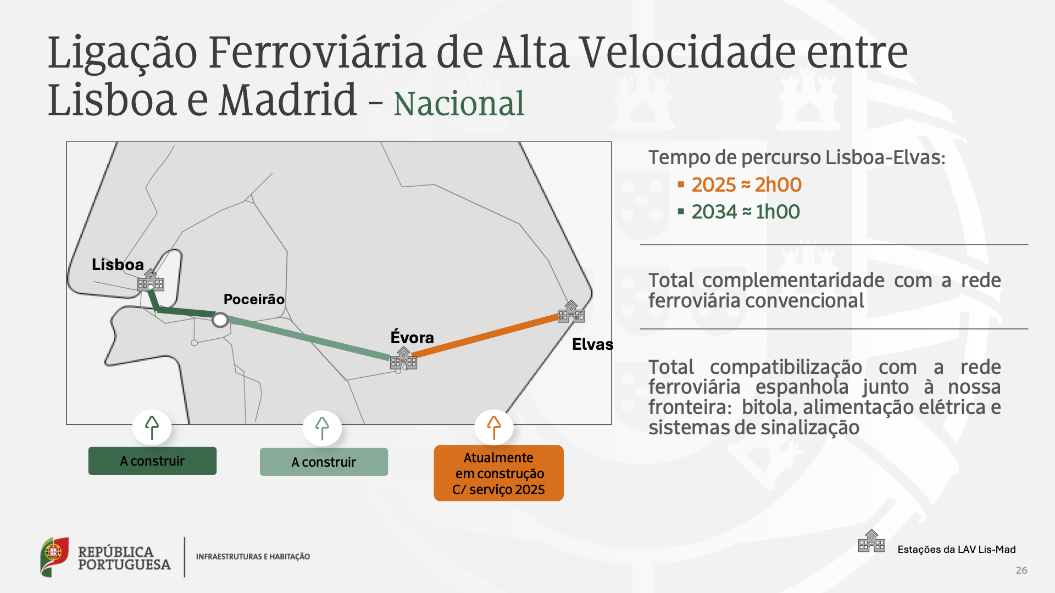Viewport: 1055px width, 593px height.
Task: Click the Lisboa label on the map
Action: [x=118, y=265]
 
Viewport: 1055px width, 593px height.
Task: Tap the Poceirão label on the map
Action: [x=254, y=299]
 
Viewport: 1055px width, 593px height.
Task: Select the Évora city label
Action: [x=412, y=337]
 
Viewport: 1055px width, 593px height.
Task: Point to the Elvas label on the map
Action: [x=592, y=344]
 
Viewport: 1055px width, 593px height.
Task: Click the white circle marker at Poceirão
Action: [x=220, y=320]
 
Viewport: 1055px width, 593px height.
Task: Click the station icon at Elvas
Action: [x=571, y=311]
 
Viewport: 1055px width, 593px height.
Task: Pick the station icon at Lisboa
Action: [x=151, y=280]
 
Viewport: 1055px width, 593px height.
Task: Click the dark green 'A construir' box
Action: [x=152, y=461]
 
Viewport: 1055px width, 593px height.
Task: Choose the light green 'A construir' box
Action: [x=324, y=462]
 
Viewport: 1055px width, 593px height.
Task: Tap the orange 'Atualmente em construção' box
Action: [x=498, y=473]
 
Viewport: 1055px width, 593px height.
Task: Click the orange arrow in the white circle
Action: [x=494, y=427]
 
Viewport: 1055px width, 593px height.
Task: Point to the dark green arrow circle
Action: [x=152, y=427]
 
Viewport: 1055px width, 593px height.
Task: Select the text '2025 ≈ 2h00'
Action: [x=746, y=185]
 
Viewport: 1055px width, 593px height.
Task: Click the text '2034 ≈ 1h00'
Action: [x=746, y=212]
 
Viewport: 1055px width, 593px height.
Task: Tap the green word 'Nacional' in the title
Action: [x=459, y=104]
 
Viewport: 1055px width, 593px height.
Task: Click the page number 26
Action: [x=1021, y=570]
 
